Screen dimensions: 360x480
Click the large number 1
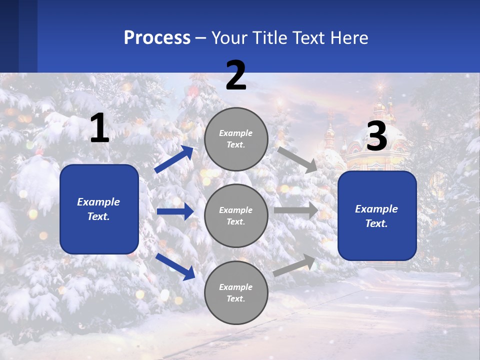[x=99, y=128]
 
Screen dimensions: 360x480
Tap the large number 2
[x=236, y=75]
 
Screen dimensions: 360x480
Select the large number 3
[x=376, y=137]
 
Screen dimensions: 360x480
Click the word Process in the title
[x=157, y=37]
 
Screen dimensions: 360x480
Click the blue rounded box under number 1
[x=99, y=209]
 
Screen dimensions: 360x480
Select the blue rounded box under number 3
[x=377, y=215]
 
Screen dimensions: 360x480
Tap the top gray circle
[x=236, y=139]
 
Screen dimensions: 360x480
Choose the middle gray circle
[x=236, y=215]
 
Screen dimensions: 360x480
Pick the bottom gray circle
[x=236, y=292]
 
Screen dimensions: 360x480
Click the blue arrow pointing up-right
[x=174, y=159]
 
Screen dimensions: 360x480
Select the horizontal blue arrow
[x=175, y=211]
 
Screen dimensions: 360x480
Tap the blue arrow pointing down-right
[x=175, y=266]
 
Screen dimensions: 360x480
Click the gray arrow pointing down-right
[x=297, y=159]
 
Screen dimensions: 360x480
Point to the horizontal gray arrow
[x=296, y=210]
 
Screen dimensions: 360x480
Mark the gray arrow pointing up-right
[x=294, y=265]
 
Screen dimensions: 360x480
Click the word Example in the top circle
[x=236, y=133]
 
